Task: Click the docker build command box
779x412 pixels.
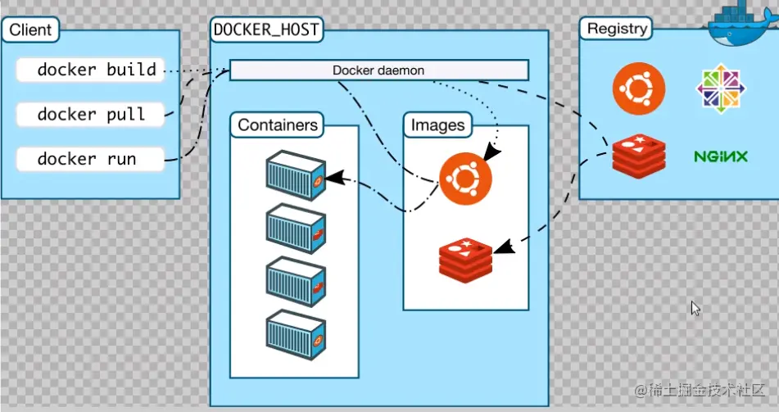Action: pyautogui.click(x=90, y=70)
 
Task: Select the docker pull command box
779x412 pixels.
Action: pyautogui.click(x=90, y=115)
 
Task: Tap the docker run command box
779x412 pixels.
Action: pyautogui.click(x=90, y=159)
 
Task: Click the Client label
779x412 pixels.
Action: pyautogui.click(x=30, y=31)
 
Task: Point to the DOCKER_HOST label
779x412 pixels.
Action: pyautogui.click(x=265, y=30)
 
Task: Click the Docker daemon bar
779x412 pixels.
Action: pyautogui.click(x=378, y=70)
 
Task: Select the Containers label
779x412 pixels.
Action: pyautogui.click(x=277, y=125)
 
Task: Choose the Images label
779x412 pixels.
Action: pyautogui.click(x=437, y=125)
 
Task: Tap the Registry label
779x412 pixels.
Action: pyautogui.click(x=617, y=29)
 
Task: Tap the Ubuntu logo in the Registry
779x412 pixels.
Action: pyautogui.click(x=639, y=88)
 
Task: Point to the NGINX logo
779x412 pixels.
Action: pyautogui.click(x=721, y=156)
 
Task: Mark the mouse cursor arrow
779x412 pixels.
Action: pyautogui.click(x=695, y=308)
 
